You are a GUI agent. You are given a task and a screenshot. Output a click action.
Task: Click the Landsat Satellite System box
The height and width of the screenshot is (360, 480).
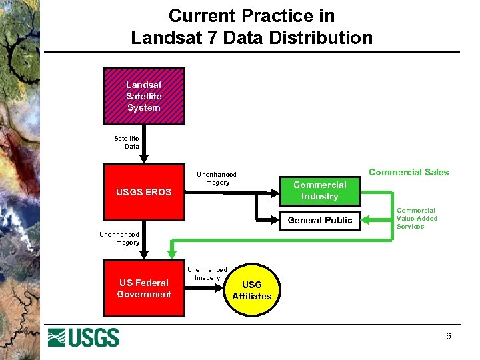pos(144,96)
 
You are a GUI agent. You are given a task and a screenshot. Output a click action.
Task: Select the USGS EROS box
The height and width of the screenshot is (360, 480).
pos(144,192)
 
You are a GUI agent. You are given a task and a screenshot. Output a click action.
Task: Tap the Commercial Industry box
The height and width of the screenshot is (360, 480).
pos(320,191)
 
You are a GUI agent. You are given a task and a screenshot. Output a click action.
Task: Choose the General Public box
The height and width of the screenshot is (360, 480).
pos(320,220)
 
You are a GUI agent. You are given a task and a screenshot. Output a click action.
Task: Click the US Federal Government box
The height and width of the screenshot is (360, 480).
pos(144,289)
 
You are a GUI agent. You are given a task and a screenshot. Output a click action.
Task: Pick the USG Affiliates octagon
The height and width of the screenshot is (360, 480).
pos(252,290)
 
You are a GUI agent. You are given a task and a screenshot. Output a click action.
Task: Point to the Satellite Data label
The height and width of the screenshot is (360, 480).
pos(127,142)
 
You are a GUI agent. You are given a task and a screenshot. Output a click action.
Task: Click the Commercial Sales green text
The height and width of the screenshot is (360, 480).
pos(409,172)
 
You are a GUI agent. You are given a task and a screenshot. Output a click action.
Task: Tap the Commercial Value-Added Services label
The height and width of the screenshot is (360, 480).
pos(417,218)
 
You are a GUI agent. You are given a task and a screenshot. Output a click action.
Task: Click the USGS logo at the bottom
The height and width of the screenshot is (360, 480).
pos(83,337)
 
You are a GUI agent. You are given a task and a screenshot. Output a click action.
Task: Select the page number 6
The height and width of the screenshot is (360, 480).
pos(449,336)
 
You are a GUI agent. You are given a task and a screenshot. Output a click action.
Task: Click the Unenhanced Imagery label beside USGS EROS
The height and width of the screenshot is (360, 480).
pos(216,179)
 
